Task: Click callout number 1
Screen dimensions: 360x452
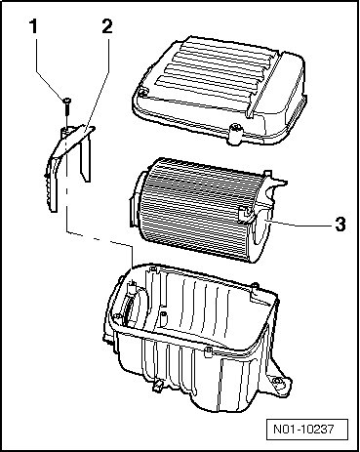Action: [x=33, y=26]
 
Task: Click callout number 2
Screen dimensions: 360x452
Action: [x=107, y=26]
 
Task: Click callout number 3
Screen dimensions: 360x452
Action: [x=340, y=224]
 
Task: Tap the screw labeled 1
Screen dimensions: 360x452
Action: [x=67, y=106]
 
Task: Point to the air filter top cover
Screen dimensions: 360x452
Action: [x=219, y=91]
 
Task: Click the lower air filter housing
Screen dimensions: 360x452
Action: [x=195, y=339]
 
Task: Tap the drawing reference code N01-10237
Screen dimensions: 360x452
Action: [x=303, y=430]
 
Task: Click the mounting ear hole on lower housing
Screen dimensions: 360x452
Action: [x=277, y=381]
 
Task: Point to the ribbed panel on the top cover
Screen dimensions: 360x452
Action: [x=217, y=66]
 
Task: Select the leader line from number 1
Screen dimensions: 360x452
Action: [x=50, y=69]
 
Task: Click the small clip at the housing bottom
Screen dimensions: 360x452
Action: [x=158, y=385]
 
